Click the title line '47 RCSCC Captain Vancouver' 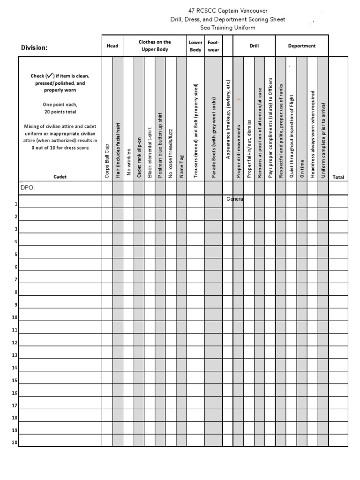228,10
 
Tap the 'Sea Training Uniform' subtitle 228,28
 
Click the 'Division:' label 34,47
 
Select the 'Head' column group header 112,46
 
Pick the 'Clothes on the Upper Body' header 155,45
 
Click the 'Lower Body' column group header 195,46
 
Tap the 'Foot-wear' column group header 213,46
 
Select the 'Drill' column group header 254,46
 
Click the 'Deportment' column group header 302,46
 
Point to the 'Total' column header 338,177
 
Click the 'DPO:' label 28,188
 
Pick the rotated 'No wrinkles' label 128,163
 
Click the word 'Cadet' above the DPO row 60,177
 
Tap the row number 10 15,317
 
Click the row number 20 15,442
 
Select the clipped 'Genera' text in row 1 234,199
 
